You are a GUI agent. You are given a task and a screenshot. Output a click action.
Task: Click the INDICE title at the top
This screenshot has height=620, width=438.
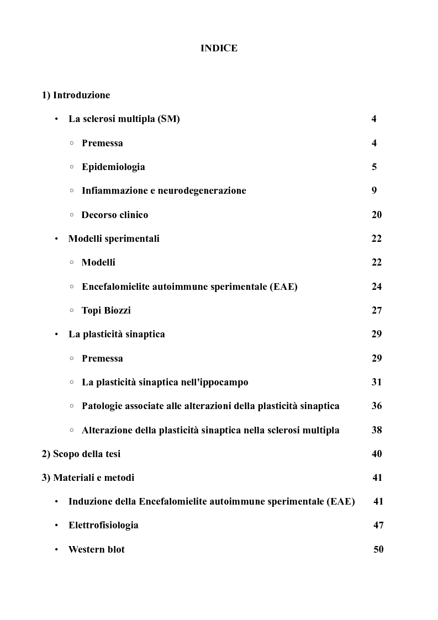pyautogui.click(x=219, y=48)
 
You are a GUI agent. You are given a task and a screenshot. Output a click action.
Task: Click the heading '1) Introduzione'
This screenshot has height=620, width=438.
pyautogui.click(x=76, y=95)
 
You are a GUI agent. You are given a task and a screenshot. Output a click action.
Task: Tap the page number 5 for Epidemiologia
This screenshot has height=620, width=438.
pyautogui.click(x=374, y=167)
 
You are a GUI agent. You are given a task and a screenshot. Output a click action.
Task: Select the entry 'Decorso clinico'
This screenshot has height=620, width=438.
pyautogui.click(x=115, y=215)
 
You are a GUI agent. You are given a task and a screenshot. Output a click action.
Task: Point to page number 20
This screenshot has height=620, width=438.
pyautogui.click(x=376, y=215)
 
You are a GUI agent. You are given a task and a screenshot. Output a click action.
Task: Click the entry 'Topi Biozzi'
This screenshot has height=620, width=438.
pyautogui.click(x=106, y=310)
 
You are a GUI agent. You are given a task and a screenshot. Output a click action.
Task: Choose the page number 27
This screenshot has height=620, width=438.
pyautogui.click(x=376, y=310)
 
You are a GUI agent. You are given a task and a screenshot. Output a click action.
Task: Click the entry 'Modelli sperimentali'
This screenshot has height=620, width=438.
pyautogui.click(x=114, y=239)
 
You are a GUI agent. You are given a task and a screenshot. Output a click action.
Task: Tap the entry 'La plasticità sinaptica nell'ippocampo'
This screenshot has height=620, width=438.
pyautogui.click(x=165, y=382)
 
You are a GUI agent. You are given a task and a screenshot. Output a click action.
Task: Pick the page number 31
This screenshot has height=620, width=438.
pyautogui.click(x=376, y=382)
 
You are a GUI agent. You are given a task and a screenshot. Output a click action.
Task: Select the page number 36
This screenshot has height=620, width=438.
pyautogui.click(x=376, y=406)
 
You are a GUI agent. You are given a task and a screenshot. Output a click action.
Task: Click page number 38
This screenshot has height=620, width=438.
pyautogui.click(x=376, y=430)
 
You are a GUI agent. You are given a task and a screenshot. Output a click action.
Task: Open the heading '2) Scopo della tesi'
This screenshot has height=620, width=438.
pyautogui.click(x=81, y=454)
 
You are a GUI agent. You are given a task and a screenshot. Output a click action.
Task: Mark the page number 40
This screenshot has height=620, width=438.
pyautogui.click(x=377, y=454)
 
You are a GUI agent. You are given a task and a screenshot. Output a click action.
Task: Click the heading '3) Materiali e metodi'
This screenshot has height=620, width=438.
pyautogui.click(x=88, y=478)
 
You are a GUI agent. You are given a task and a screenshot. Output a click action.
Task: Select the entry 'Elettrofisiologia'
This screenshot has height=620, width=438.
pyautogui.click(x=103, y=525)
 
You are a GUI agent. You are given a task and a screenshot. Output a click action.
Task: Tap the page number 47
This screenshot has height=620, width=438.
pyautogui.click(x=378, y=525)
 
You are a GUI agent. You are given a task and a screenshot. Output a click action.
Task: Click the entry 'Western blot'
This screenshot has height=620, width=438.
pyautogui.click(x=97, y=549)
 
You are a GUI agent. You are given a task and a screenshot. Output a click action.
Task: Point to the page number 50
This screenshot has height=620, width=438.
pyautogui.click(x=378, y=549)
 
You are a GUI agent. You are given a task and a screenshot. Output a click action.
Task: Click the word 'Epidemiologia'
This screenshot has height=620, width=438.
pyautogui.click(x=113, y=167)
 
